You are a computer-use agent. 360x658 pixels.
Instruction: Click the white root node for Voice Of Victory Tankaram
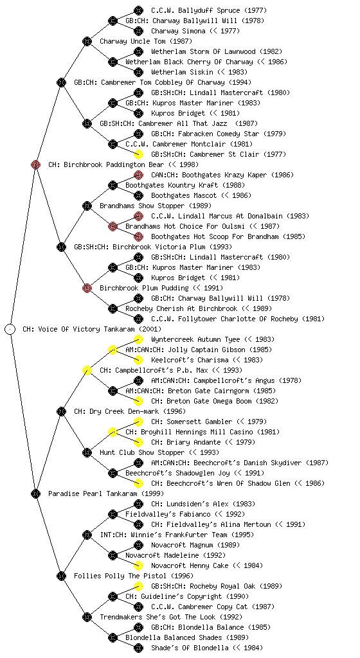[x=10, y=329]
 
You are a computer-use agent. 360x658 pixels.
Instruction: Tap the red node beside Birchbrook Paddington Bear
[x=35, y=164]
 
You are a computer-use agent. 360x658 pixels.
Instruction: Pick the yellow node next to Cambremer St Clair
[x=138, y=154]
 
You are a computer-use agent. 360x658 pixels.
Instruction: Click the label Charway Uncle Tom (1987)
[x=146, y=41]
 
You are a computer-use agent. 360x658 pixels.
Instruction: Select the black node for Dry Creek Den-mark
[x=61, y=411]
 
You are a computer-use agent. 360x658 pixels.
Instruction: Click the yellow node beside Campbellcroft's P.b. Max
[x=87, y=370]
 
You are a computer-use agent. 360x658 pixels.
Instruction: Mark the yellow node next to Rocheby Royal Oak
[x=138, y=586]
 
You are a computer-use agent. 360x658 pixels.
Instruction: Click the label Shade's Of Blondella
[x=190, y=648]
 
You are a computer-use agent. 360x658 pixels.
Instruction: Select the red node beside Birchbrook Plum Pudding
[x=87, y=288]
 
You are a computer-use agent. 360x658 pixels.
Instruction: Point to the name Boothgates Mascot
[x=184, y=195]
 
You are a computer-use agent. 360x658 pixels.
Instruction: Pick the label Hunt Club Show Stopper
[x=142, y=452]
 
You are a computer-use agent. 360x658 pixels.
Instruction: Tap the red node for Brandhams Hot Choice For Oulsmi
[x=113, y=226]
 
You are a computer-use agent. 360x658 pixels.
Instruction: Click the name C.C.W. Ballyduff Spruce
[x=195, y=10]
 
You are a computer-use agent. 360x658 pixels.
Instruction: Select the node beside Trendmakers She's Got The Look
[x=87, y=617]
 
